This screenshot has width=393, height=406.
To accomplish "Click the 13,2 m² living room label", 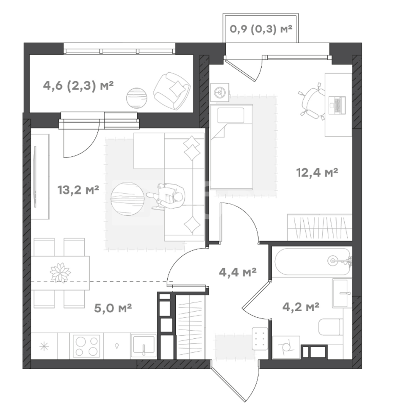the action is tap(78, 190).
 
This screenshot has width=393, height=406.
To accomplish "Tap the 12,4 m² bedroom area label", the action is tap(317, 172).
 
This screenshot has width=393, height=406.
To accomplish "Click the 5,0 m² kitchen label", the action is tap(113, 308).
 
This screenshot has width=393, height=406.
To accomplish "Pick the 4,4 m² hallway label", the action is tap(238, 272).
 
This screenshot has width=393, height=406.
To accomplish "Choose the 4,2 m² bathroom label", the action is tap(301, 307).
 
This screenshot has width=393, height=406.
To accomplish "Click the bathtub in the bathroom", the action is tap(313, 261).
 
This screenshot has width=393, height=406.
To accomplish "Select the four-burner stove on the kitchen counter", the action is tap(86, 346).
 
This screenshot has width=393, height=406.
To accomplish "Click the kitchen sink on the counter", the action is tap(144, 346).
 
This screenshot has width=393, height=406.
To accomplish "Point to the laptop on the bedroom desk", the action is tap(337, 105).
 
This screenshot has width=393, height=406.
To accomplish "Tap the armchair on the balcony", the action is tap(172, 91).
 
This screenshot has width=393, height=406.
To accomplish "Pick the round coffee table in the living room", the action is tap(127, 199).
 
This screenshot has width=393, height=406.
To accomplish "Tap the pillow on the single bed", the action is tap(231, 115).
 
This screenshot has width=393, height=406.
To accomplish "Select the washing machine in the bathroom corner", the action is tap(286, 347).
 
